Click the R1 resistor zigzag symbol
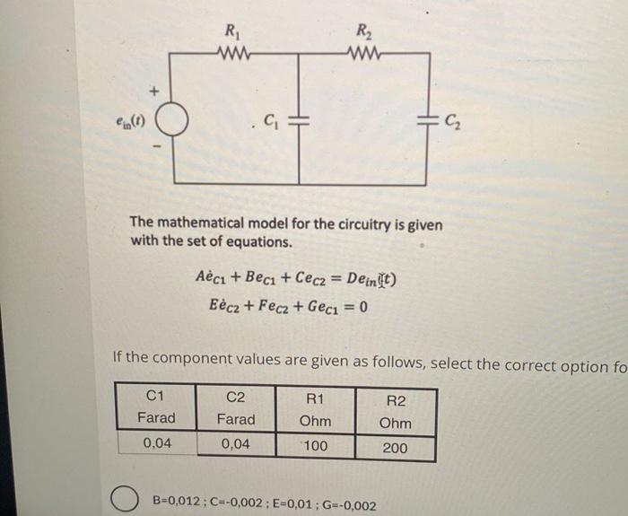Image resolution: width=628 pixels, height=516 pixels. coord(234,55)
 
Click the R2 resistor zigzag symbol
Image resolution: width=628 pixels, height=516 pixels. coord(362,55)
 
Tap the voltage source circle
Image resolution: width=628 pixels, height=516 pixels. coord(172,119)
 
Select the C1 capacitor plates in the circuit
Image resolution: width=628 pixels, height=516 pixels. coord(302,120)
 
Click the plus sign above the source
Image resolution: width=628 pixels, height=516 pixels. coord(153,92)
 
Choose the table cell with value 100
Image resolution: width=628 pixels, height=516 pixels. coord(316,446)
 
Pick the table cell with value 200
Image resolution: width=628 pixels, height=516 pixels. coord(395,447)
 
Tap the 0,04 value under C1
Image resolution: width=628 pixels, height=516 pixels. coord(156,443)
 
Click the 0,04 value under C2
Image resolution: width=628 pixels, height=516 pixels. coord(235,444)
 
